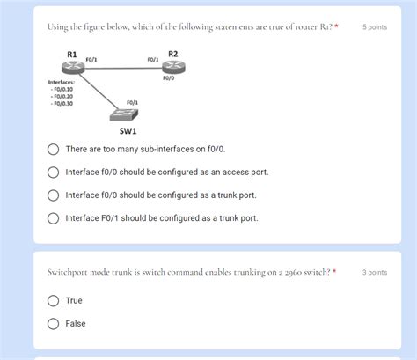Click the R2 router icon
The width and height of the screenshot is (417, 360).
pos(172,69)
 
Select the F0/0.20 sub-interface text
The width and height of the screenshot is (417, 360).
pos(63,96)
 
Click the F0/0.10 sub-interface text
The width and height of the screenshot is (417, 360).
pos(63,89)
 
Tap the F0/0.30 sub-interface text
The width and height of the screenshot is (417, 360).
pos(63,103)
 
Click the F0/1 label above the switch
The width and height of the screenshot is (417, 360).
pos(132,103)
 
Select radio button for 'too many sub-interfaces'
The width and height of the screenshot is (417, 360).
pos(54,150)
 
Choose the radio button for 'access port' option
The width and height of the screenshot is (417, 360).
pos(54,173)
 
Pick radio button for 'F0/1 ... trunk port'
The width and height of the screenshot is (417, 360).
pos(54,218)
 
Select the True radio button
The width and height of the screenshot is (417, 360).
pos(54,301)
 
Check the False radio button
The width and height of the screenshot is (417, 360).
pos(54,324)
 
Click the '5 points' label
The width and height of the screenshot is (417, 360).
pos(374,27)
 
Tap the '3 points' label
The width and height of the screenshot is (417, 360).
pos(374,273)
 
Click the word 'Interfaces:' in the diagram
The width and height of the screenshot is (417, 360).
pos(62,82)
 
